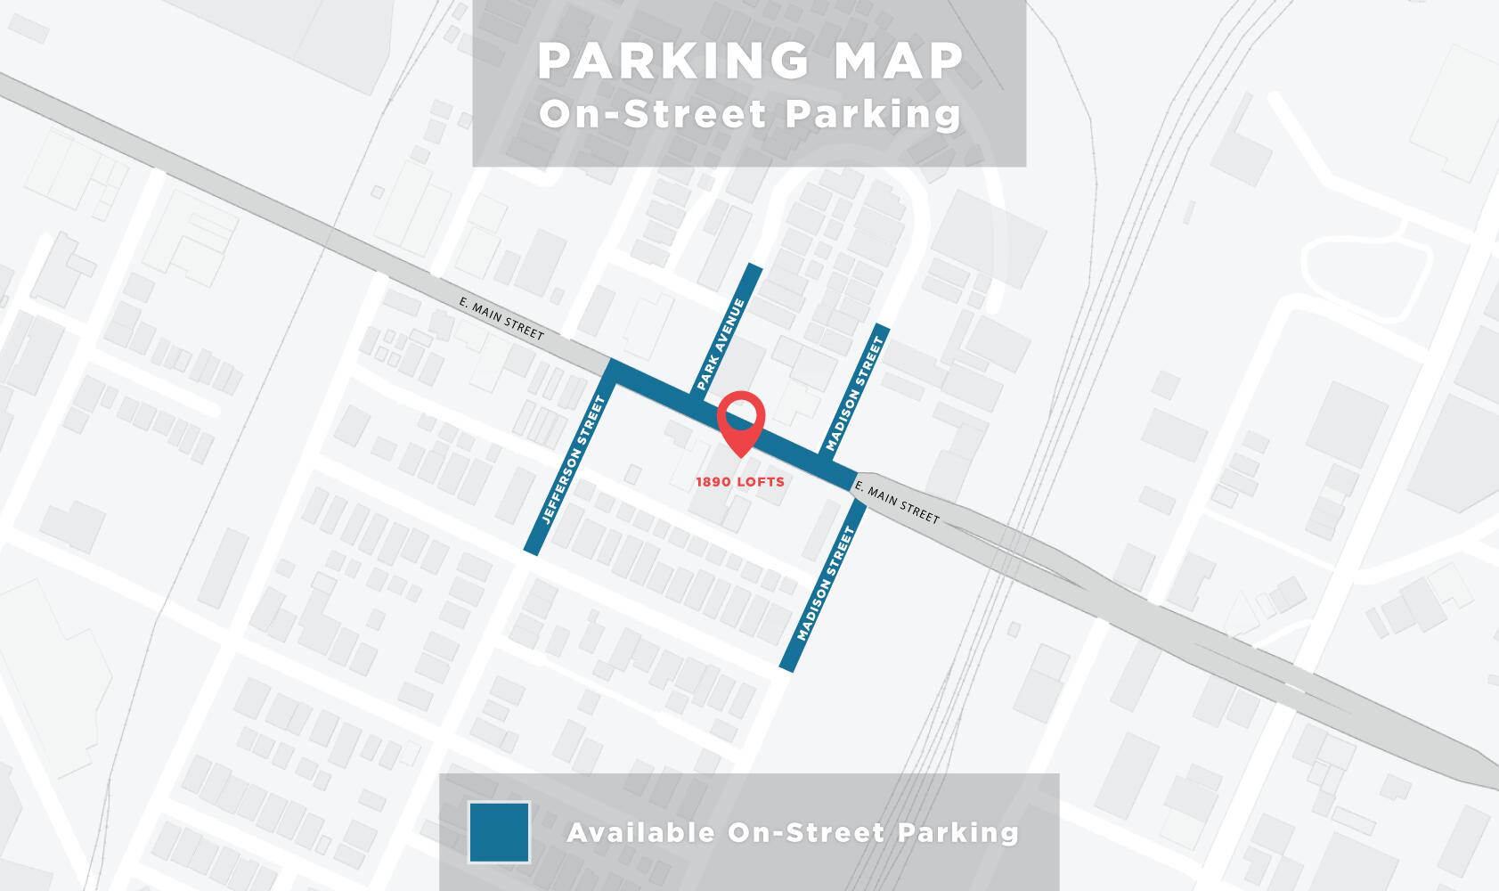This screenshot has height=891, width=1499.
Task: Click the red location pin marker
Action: click(741, 421)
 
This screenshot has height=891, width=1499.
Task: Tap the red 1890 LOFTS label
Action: click(740, 482)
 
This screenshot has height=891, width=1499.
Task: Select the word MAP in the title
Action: click(893, 61)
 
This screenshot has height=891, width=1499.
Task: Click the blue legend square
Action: click(499, 832)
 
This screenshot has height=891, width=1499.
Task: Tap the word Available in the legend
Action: click(640, 832)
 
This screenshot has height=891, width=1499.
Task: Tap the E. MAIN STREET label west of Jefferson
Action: click(501, 318)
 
